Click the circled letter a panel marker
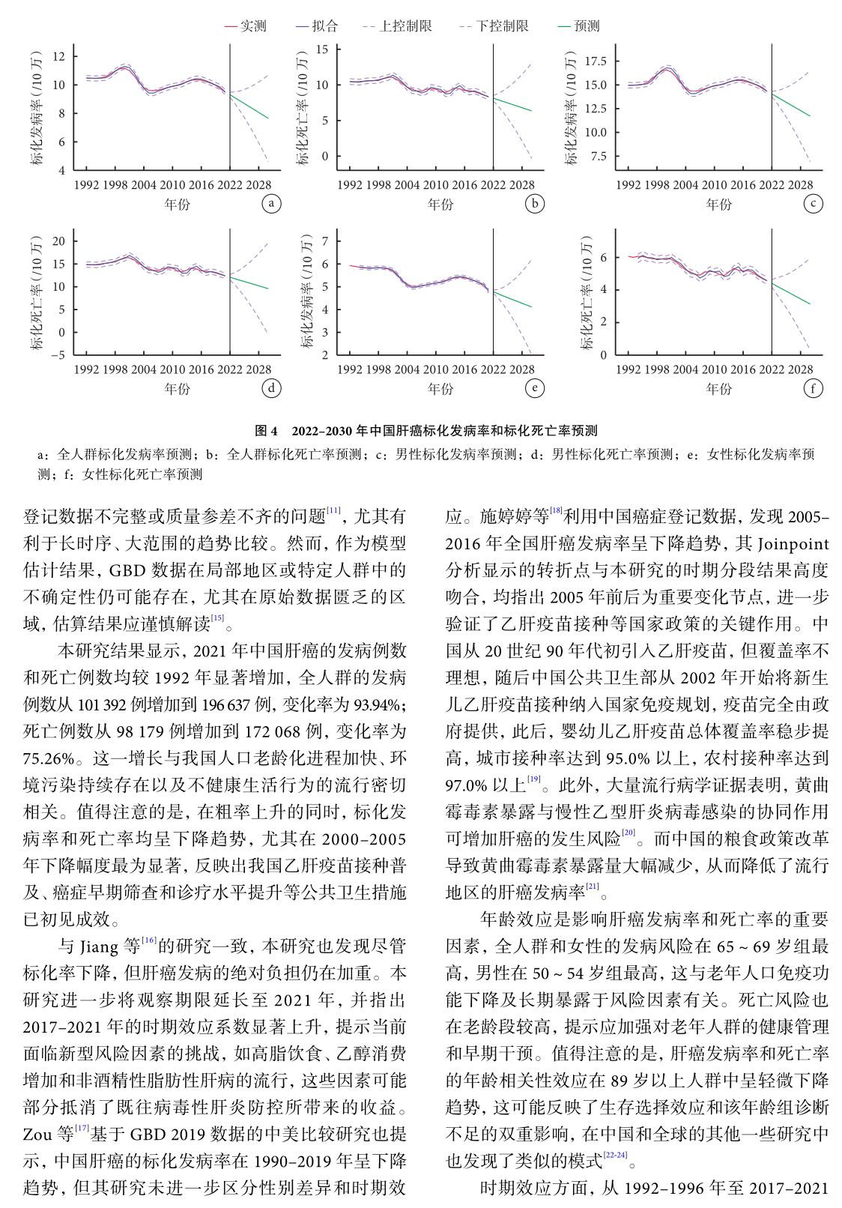[271, 203]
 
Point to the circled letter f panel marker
[813, 387]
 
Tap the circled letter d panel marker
[271, 387]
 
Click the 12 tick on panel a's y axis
[59, 56]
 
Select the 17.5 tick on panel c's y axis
[596, 61]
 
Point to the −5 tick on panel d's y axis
[58, 355]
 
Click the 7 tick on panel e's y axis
[325, 241]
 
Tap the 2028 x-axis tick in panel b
[522, 185]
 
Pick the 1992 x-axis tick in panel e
[350, 369]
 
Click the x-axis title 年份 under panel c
[718, 204]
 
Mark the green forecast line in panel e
[514, 299]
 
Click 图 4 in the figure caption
[266, 431]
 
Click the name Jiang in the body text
[99, 946]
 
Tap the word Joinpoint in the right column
[793, 543]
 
